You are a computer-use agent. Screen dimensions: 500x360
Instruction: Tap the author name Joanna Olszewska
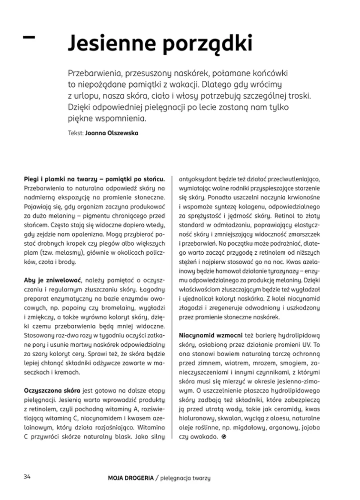coord(112,133)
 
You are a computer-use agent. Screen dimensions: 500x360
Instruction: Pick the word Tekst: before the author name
coord(76,133)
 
